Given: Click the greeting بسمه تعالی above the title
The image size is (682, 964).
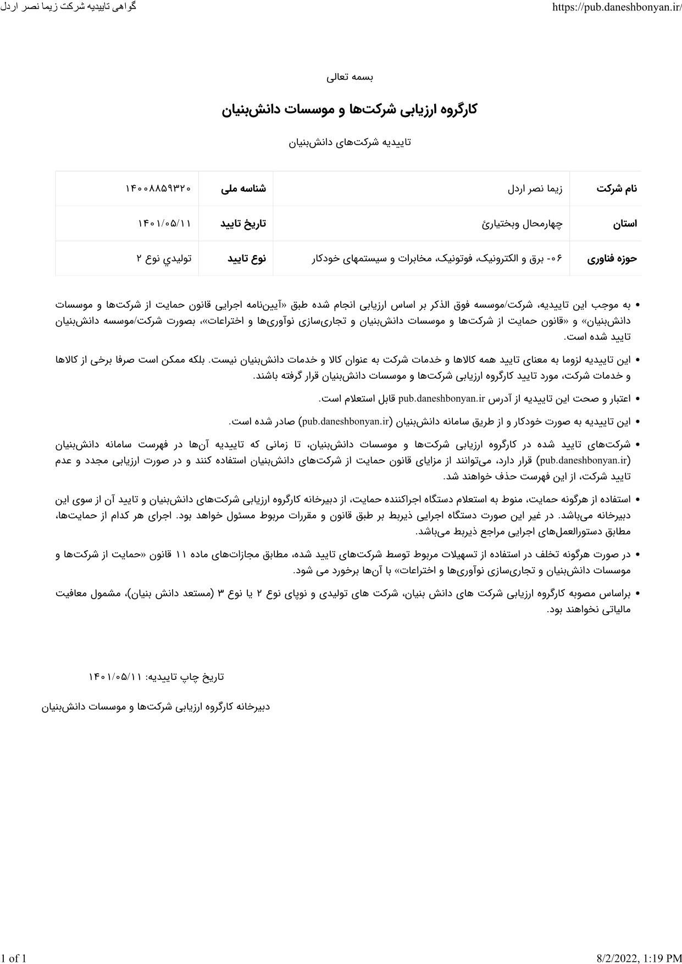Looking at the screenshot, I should click(x=350, y=77).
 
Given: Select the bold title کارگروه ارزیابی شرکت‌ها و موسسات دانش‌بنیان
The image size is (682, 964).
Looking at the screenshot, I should click(x=350, y=109).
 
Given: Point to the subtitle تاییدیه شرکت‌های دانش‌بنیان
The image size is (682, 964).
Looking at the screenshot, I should click(x=350, y=142).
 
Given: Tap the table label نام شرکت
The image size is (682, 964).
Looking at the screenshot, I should click(x=617, y=189).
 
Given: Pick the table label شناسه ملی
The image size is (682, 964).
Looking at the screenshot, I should click(x=243, y=189).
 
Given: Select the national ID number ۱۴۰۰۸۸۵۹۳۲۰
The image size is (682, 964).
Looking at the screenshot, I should click(x=158, y=189).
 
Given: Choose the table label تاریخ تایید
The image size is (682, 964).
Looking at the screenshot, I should click(x=243, y=224).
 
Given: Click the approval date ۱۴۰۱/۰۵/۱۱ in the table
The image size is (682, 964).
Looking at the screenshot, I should click(x=164, y=224).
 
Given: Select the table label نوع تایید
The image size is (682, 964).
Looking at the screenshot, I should click(x=247, y=258).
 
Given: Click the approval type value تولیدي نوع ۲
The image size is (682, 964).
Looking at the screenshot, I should click(x=164, y=258).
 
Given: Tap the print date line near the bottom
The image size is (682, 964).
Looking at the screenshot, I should click(x=156, y=677).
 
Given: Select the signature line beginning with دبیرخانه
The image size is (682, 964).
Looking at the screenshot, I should click(x=156, y=707).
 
